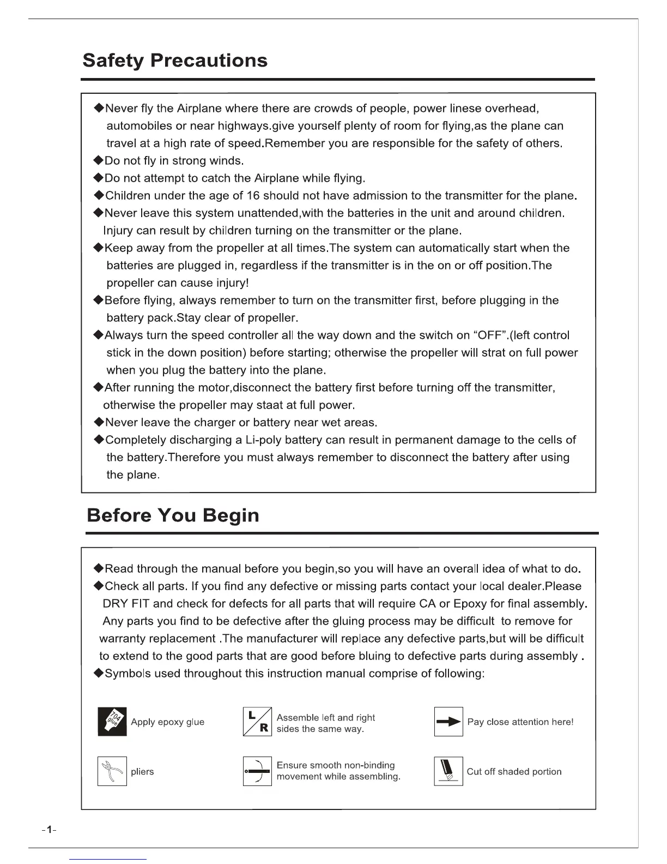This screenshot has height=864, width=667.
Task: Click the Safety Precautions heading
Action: pos(175,60)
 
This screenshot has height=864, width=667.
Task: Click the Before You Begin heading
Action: pos(173,515)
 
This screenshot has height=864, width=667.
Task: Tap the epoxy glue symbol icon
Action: pos(112,722)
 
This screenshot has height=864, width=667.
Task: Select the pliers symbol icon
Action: pos(112,771)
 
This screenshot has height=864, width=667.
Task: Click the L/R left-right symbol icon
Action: pos(257,722)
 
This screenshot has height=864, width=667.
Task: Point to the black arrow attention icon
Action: pos(448,722)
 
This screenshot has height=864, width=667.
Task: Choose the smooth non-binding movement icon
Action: pos(257,771)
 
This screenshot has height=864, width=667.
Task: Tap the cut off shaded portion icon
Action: pos(448,771)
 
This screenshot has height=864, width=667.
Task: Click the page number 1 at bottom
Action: pos(49,830)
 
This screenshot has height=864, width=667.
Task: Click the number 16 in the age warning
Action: pos(253,196)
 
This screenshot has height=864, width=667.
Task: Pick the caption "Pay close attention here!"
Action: pos(520,722)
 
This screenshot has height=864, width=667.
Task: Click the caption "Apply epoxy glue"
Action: pos(168,722)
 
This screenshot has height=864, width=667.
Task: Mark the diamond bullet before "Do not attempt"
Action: pos(99,178)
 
